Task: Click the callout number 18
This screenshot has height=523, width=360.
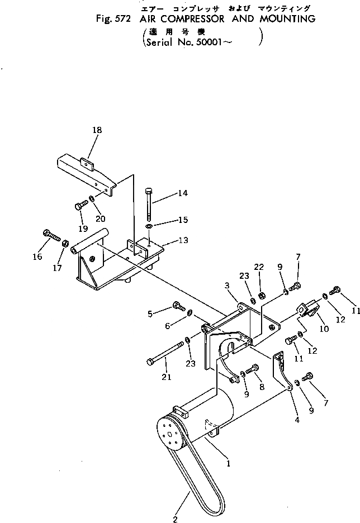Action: [x=97, y=130]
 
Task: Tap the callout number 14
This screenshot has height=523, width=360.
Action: [x=182, y=193]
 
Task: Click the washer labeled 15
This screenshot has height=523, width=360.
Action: [x=149, y=226]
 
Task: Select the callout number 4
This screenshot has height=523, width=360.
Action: [x=297, y=420]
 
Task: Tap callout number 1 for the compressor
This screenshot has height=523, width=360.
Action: [x=228, y=463]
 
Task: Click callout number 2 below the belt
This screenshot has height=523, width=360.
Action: [x=176, y=519]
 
